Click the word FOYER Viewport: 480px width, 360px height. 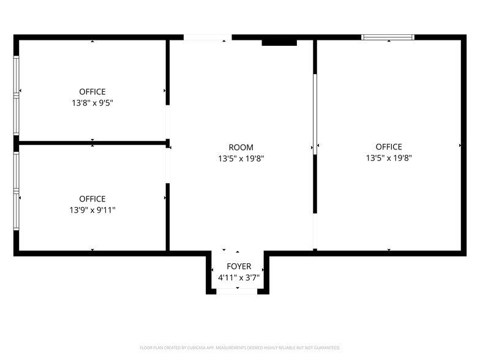point(239,266)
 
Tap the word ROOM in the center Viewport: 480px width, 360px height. point(241,147)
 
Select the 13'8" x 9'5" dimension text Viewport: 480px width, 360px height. point(92,103)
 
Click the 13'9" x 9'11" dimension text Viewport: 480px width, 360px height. point(92,210)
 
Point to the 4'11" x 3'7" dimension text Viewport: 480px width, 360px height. point(239,278)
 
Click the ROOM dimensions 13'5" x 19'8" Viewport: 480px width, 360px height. point(241,159)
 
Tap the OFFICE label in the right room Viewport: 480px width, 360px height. point(389,147)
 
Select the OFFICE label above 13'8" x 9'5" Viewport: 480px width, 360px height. point(92,92)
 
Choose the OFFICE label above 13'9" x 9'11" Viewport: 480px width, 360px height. point(92,199)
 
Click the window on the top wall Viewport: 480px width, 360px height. point(388,37)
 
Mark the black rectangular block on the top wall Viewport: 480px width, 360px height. point(279,43)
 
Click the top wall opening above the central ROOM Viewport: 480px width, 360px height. point(208,37)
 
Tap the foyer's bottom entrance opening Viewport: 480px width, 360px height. point(237,291)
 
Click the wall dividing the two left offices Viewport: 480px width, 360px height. point(92,143)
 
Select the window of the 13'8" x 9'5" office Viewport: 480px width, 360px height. point(16,96)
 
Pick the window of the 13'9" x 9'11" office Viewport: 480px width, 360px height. point(16,191)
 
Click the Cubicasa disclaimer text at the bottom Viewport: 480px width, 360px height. point(240,348)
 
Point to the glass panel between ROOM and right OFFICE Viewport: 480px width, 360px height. point(315,114)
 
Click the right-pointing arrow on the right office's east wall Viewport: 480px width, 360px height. point(460,146)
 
